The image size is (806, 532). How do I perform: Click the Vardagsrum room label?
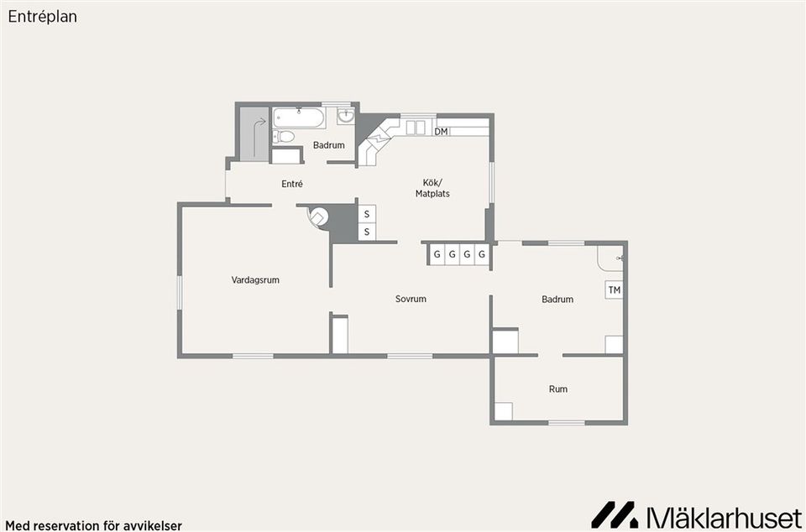[x=255, y=280]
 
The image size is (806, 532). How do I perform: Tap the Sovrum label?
[x=411, y=299]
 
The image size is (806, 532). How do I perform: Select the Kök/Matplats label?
[x=433, y=188]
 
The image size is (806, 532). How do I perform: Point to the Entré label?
[x=292, y=183]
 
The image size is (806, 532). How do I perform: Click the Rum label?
[x=558, y=389]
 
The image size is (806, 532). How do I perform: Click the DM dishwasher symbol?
[x=441, y=132]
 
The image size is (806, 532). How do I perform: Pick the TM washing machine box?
[x=615, y=290]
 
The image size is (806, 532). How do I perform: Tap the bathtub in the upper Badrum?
[x=299, y=117]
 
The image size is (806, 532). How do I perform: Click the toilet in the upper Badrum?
[x=283, y=137]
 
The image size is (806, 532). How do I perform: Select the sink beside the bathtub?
[x=346, y=116]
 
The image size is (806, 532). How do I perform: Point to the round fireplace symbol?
[x=318, y=216]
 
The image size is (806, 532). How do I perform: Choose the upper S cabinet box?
[x=367, y=214]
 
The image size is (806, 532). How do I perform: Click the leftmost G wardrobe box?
[x=437, y=254]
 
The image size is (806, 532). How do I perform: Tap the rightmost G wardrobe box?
[x=482, y=254]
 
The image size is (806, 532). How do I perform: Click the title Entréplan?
[x=43, y=17]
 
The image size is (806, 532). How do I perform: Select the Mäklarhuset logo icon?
[x=615, y=514]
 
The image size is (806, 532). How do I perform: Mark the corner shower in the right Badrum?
[x=610, y=258]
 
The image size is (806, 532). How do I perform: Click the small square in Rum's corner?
[x=504, y=411]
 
